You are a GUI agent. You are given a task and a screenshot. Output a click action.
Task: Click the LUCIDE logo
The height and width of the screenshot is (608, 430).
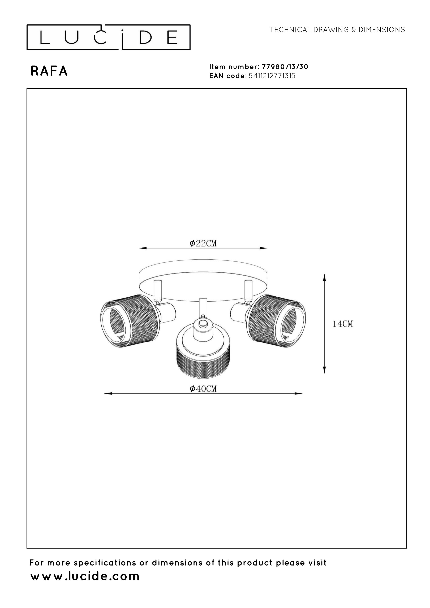click(x=108, y=37)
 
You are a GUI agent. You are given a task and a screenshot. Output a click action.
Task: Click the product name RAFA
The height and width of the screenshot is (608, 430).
click(x=49, y=71)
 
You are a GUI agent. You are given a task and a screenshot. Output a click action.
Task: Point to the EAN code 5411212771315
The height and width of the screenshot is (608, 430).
click(x=272, y=76)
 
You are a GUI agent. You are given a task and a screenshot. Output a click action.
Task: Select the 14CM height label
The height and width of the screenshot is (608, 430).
click(x=343, y=324)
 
